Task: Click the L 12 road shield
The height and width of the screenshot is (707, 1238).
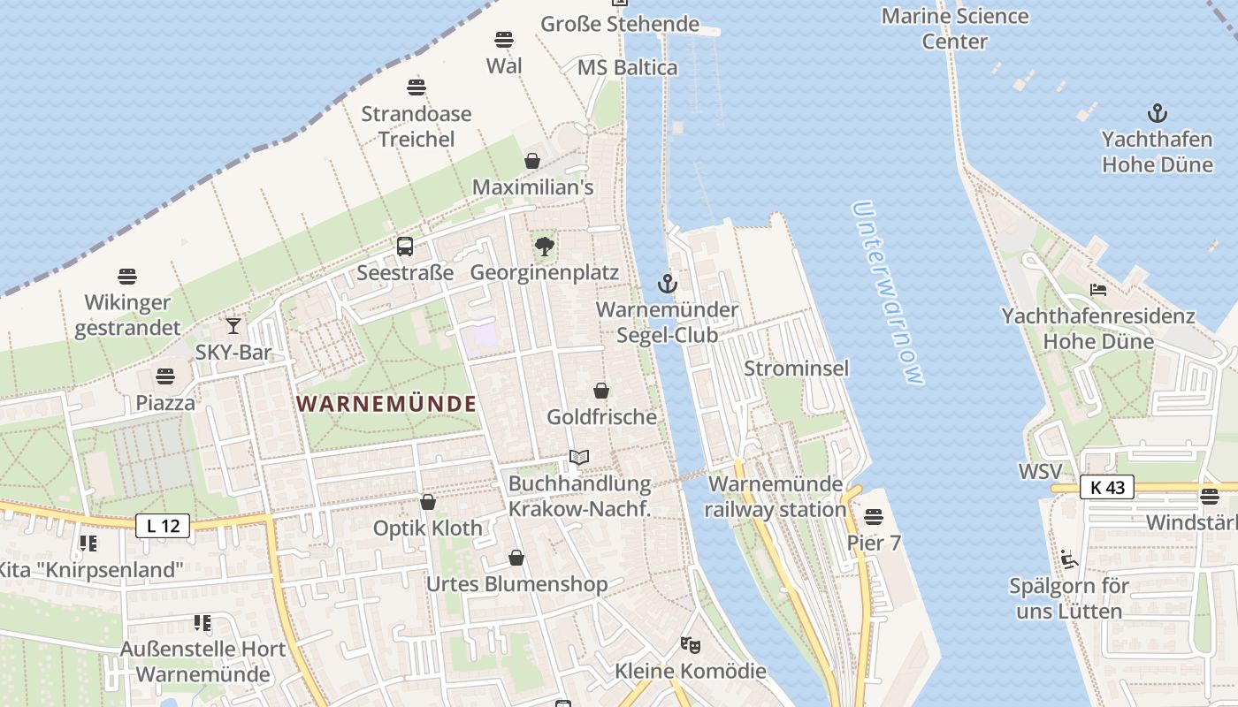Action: point(163,526)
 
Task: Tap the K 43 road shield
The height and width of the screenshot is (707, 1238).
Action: point(1106,487)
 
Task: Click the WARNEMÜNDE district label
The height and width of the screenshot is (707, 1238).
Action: point(386,404)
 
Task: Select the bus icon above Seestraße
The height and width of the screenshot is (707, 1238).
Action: point(405,247)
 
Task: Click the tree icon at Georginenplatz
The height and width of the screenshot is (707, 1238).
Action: point(544,246)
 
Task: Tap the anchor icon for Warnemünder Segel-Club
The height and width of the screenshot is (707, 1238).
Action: point(668,284)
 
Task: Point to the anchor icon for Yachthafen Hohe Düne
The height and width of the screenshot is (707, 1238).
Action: point(1157,113)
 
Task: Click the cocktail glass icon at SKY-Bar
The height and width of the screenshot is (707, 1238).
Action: point(233,326)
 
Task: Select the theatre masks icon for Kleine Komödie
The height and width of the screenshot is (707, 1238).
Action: point(690,645)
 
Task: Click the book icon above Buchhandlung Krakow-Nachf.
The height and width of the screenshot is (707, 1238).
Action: point(579,457)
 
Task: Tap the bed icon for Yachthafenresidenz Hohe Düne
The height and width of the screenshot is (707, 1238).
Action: point(1098,289)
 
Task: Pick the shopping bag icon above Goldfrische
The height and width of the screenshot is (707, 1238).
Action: point(601,391)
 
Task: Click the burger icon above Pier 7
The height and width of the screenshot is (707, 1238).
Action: point(874,516)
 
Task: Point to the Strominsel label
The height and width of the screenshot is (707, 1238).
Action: point(796,368)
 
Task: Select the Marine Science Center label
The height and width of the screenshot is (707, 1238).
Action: point(955,28)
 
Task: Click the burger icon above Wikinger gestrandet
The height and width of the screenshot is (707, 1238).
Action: point(127,277)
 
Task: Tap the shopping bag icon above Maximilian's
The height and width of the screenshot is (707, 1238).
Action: point(532,161)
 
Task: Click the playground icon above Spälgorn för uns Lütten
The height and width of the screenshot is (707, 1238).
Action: point(1068,559)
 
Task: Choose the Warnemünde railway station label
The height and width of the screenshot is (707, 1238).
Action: point(776,497)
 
